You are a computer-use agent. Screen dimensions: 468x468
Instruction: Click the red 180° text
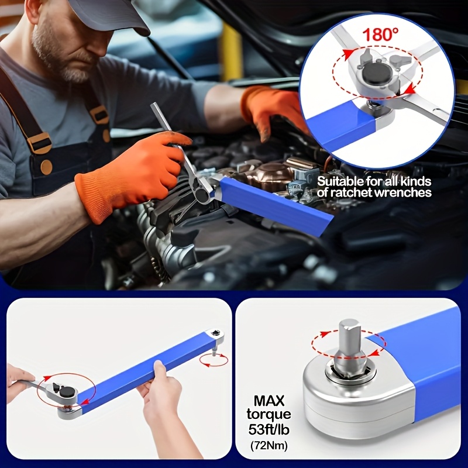point(380,34)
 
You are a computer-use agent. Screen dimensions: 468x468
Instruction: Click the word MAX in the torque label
point(269,401)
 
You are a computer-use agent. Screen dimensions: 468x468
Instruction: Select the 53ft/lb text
point(269,430)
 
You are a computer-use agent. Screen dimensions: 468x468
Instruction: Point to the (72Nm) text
point(269,446)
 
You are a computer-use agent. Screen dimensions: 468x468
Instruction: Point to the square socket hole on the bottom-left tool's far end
point(215,332)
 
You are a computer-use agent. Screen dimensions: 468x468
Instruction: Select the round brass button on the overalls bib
point(46,167)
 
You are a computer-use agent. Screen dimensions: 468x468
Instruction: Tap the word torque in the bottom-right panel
point(269,415)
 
